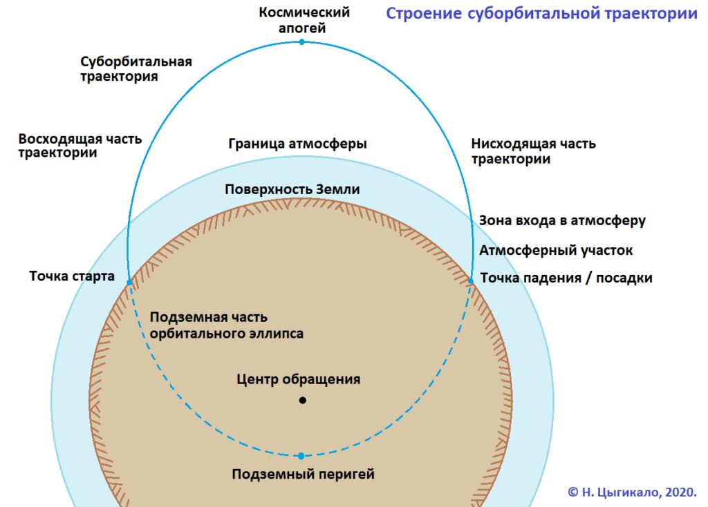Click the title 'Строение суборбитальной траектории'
541,14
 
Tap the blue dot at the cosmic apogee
301,42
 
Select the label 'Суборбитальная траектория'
136,69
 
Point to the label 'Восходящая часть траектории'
80,146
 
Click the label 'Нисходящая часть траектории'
533,151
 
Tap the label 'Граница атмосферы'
297,144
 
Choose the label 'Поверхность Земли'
292,189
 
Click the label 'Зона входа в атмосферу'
562,221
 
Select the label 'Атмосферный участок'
556,250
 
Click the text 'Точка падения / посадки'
566,278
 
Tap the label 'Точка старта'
72,277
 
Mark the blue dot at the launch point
129,282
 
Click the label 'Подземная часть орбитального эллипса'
227,325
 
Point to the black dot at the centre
302,401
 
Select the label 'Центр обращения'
299,379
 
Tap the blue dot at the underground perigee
301,456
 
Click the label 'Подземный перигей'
303,475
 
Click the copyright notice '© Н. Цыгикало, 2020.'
632,492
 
